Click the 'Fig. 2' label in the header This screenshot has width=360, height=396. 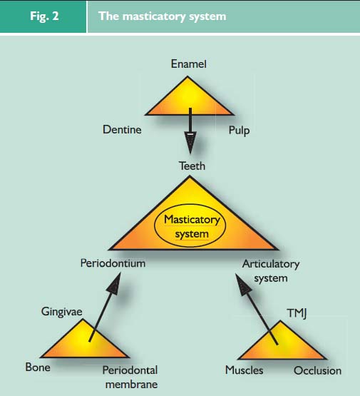44,16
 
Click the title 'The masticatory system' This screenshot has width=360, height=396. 163,16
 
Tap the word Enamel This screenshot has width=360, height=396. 189,64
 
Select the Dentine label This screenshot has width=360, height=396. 122,130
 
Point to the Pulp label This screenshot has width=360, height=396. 239,131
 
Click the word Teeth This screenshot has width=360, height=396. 192,166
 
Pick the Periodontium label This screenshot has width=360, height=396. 113,263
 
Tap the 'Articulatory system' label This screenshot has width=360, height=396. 271,271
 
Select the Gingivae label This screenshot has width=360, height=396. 62,312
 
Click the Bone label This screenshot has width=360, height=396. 38,367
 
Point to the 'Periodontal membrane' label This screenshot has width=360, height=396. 130,377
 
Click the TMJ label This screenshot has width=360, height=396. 297,313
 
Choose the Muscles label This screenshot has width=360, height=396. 245,370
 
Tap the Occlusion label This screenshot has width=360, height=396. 318,371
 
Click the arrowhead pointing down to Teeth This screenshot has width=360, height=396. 190,142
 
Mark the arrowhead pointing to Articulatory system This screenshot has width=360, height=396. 242,285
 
